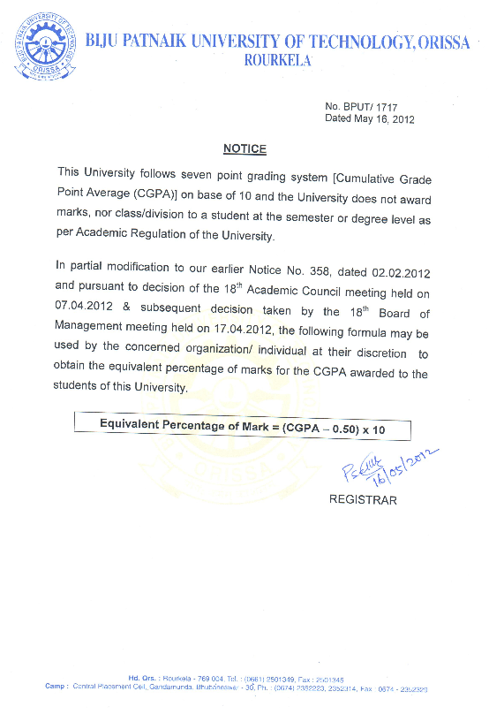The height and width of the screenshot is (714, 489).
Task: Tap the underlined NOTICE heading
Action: click(244, 149)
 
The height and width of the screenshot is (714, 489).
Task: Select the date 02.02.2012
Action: click(401, 265)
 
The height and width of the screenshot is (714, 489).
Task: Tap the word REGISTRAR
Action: click(363, 500)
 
